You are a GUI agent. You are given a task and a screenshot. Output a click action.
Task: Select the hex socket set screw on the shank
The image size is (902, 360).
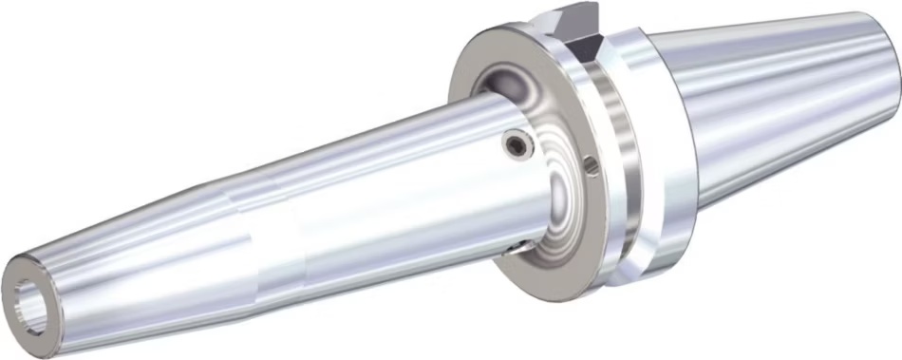tap(516, 143)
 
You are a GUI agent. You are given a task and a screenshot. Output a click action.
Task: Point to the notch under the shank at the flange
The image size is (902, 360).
tap(514, 249)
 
